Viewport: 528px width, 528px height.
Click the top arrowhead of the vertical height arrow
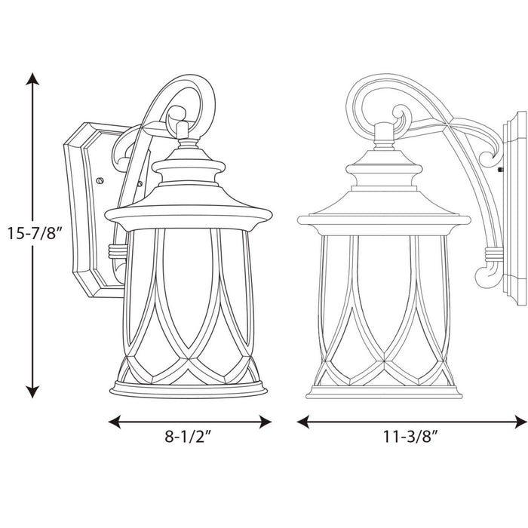(32, 78)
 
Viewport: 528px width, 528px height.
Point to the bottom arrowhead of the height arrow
(32, 391)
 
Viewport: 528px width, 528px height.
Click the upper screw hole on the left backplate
(100, 181)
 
